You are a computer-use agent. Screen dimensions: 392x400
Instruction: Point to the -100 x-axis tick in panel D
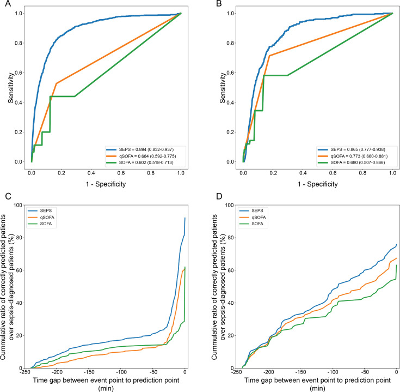click(x=334, y=374)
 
